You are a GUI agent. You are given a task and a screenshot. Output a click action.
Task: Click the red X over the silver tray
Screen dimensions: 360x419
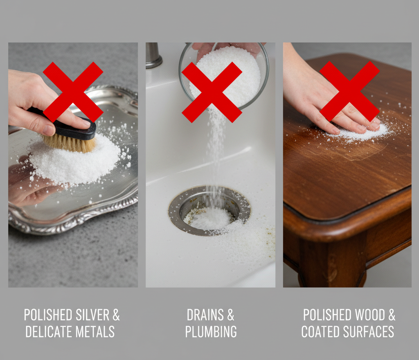(73, 92)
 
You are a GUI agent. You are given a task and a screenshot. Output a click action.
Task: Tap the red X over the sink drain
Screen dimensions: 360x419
(212, 92)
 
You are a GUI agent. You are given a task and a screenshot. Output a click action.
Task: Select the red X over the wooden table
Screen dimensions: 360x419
(349, 91)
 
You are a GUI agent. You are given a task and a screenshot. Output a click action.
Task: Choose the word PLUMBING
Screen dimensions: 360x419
(211, 331)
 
